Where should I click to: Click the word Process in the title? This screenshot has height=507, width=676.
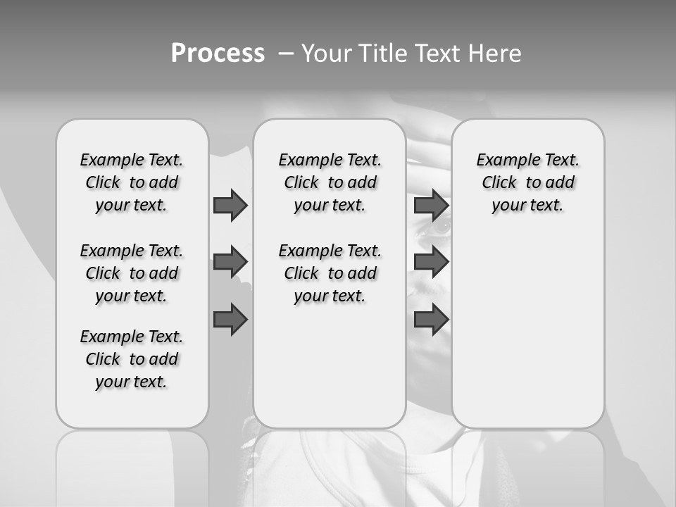(x=218, y=54)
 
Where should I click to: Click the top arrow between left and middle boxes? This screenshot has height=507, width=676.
(x=230, y=206)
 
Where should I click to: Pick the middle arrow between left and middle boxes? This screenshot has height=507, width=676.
(x=230, y=263)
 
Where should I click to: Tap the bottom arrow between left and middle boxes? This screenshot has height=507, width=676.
(x=230, y=319)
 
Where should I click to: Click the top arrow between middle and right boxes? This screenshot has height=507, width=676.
(x=431, y=206)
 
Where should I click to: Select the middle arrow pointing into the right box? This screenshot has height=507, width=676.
(x=431, y=263)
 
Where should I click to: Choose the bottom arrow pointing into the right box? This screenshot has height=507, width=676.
(x=431, y=319)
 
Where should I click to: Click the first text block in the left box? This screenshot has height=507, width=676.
(x=132, y=182)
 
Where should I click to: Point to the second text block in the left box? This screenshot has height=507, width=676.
(x=132, y=273)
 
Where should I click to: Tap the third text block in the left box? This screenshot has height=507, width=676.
(x=132, y=359)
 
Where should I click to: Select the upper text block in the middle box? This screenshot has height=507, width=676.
(x=330, y=182)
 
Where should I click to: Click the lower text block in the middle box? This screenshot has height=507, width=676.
(x=330, y=273)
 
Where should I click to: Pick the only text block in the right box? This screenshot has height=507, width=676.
(x=527, y=182)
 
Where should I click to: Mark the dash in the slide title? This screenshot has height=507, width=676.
(x=287, y=54)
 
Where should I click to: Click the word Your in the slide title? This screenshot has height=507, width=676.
(x=326, y=54)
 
